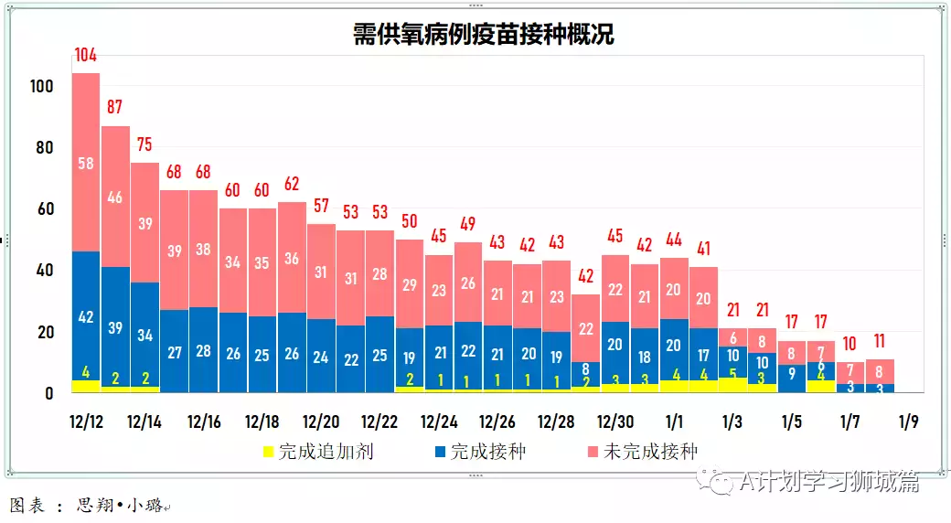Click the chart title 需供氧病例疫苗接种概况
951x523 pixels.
click(x=484, y=35)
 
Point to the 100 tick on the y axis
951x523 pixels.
click(x=42, y=87)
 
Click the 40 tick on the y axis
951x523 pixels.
click(x=46, y=271)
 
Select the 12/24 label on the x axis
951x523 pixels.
click(x=439, y=422)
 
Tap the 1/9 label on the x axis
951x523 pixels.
click(x=909, y=422)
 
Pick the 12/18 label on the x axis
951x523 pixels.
click(x=262, y=422)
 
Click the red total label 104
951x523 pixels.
click(x=86, y=56)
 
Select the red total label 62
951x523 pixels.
click(x=292, y=184)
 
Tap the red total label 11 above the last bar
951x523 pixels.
click(x=880, y=343)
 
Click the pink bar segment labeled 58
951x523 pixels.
click(x=86, y=163)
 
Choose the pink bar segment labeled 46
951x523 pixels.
click(x=115, y=197)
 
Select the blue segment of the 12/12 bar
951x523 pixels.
click(x=86, y=315)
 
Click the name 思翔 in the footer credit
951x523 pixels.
click(x=93, y=505)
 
